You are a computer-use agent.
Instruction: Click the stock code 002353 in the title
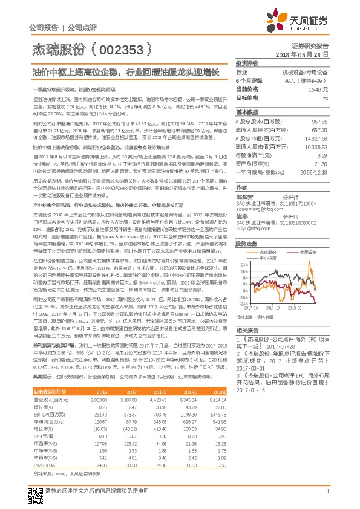pos(125,47)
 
